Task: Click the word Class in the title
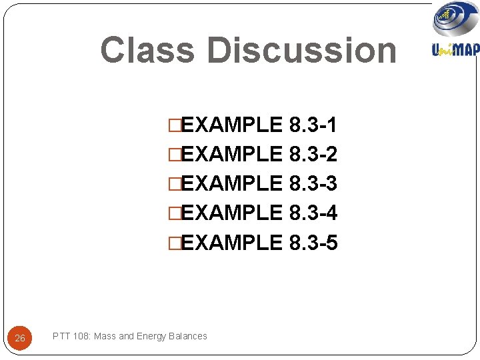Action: tap(148, 50)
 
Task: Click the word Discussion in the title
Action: tap(301, 50)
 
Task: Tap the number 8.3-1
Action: tap(313, 125)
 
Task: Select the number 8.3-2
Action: tap(313, 155)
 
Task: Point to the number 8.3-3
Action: tap(313, 183)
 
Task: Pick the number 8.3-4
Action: tap(313, 213)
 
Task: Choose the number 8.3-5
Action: tap(313, 243)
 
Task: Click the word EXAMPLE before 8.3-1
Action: tap(231, 125)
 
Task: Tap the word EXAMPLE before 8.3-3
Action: tap(231, 183)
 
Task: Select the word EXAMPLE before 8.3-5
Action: tap(231, 243)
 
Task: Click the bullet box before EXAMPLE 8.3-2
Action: tap(175, 155)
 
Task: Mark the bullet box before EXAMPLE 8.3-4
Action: tap(175, 213)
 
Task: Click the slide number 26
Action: tap(20, 339)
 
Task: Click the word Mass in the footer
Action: tap(105, 336)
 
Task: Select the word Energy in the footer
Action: tap(152, 336)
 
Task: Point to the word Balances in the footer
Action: tap(189, 336)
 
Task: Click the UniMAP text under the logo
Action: tap(456, 49)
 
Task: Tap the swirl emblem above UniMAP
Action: tap(456, 19)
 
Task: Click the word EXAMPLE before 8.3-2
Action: tap(231, 155)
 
